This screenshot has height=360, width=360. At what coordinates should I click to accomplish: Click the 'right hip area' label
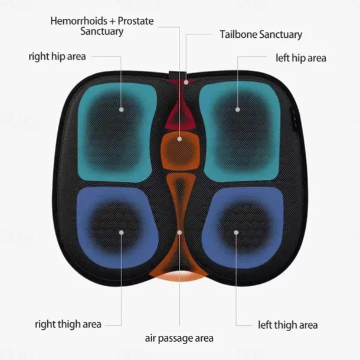pos(57,57)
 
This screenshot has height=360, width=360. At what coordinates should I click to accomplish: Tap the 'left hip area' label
pos(301,58)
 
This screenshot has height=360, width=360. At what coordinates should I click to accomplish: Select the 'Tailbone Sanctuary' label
pos(261,34)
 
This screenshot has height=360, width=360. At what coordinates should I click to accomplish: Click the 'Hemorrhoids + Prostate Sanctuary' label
pos(102,26)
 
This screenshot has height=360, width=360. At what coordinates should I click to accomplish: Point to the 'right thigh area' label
pos(68,324)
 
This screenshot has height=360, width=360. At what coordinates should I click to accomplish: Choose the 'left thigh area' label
pos(288,325)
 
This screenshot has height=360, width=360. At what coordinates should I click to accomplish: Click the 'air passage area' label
pos(179,339)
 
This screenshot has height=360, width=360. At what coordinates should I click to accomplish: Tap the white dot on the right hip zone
pos(122,109)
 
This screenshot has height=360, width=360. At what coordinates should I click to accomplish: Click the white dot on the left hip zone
pos(238,109)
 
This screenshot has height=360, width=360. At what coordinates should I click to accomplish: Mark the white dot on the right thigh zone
pos(122,232)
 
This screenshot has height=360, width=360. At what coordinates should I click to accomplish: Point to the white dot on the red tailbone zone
pos(186,81)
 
